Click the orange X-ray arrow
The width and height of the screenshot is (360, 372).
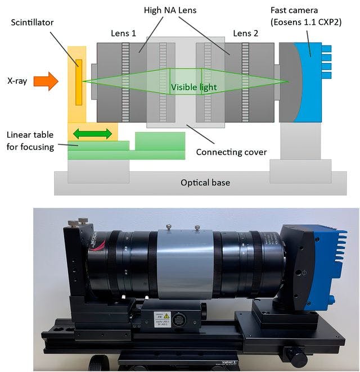pyautogui.click(x=46, y=81)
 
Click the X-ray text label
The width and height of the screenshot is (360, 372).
pyautogui.click(x=17, y=82)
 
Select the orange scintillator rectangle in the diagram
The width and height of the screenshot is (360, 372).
pyautogui.click(x=79, y=82)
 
